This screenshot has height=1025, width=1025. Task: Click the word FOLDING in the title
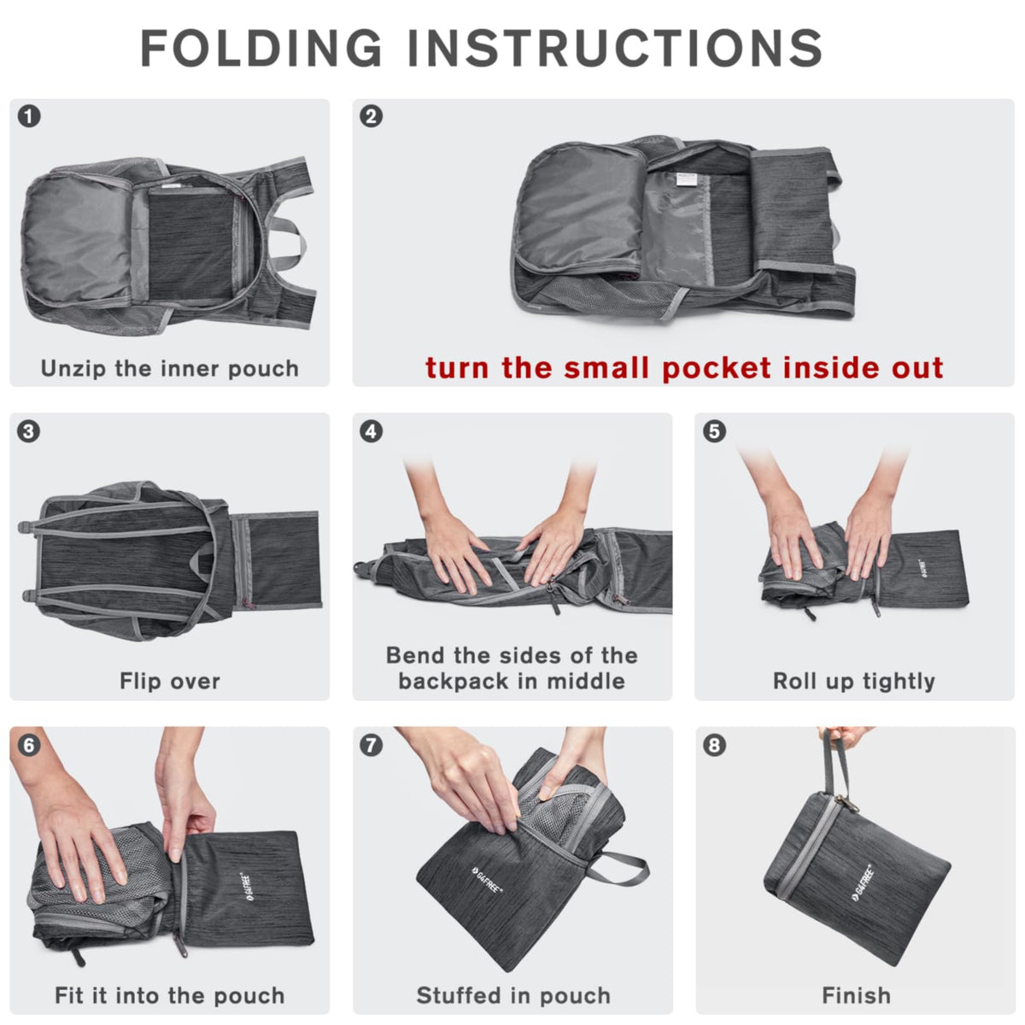pos(261,48)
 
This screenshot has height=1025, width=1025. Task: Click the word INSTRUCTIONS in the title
pos(614,48)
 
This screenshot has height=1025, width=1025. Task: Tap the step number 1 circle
pos(29,116)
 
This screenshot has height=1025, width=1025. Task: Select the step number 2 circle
pos(372,116)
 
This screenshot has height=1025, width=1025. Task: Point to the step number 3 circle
pos(29,431)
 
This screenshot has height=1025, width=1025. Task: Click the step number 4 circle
pos(372,431)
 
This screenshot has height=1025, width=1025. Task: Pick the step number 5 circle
pos(714,431)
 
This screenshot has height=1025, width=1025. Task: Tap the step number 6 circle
pos(29,746)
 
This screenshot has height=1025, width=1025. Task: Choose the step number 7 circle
pos(372,746)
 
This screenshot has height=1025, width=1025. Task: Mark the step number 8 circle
pos(714,746)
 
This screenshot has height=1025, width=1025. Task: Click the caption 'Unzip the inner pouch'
pos(170,369)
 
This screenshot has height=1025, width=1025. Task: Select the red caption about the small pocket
pos(684,367)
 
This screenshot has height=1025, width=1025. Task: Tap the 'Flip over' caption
pos(170,682)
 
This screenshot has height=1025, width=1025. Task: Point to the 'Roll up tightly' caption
pos(854,682)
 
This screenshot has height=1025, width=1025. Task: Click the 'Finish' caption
pos(856,996)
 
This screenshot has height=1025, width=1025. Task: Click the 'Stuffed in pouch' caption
pos(513,996)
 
